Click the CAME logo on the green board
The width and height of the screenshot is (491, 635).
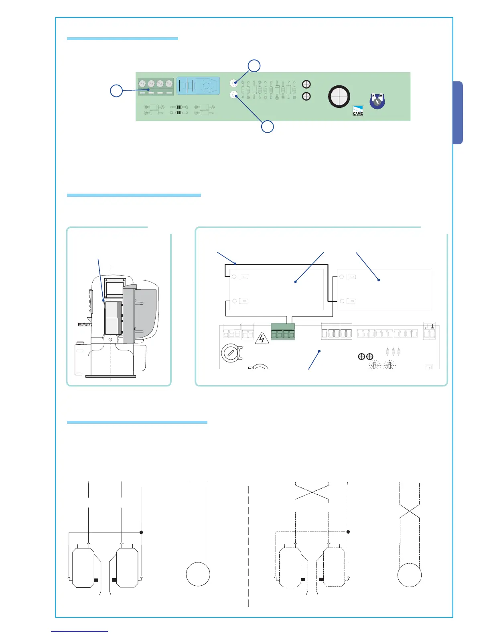358,111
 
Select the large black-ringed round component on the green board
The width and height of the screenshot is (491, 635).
339,97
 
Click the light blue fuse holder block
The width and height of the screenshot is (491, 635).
198,86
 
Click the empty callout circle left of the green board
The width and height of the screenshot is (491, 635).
116,91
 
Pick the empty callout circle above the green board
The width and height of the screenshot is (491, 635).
254,66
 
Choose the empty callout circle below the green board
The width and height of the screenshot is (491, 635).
268,127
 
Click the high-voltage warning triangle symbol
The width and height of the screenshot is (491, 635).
262,339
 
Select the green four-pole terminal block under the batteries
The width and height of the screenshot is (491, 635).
283,332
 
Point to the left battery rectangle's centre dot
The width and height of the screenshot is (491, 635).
295,282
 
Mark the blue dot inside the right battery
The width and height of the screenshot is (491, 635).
379,280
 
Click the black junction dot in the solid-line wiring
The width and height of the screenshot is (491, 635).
141,532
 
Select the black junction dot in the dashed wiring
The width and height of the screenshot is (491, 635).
348,532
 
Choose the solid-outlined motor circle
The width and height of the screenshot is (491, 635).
198,574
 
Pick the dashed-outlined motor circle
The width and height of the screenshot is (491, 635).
409,575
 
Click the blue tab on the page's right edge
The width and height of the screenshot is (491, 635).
458,113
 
